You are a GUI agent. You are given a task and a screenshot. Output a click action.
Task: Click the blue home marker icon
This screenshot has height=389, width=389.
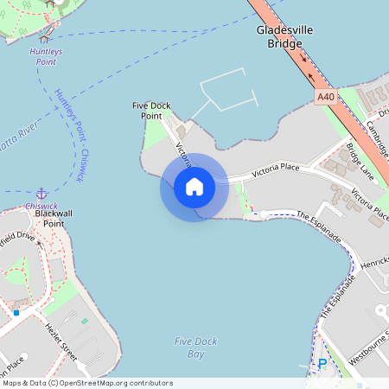(194, 187)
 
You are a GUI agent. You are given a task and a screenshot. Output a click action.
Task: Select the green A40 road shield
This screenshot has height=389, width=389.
(326, 98)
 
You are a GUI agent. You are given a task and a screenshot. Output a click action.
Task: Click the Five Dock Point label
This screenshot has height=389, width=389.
(147, 111)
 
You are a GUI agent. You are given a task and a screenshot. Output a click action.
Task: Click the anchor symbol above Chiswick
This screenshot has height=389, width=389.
(41, 193)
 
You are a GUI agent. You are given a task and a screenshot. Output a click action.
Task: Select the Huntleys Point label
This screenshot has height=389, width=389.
(44, 57)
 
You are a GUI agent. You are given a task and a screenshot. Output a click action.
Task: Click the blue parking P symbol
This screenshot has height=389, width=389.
(322, 364)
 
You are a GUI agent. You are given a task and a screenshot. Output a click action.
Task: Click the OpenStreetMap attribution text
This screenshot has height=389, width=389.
(86, 383)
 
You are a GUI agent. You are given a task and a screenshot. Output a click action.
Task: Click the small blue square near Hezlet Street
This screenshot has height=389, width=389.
(16, 312)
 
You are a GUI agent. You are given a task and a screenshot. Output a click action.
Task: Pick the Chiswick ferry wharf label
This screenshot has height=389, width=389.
(41, 207)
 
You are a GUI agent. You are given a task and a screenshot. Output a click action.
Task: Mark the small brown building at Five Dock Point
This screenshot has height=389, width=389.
(181, 131)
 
